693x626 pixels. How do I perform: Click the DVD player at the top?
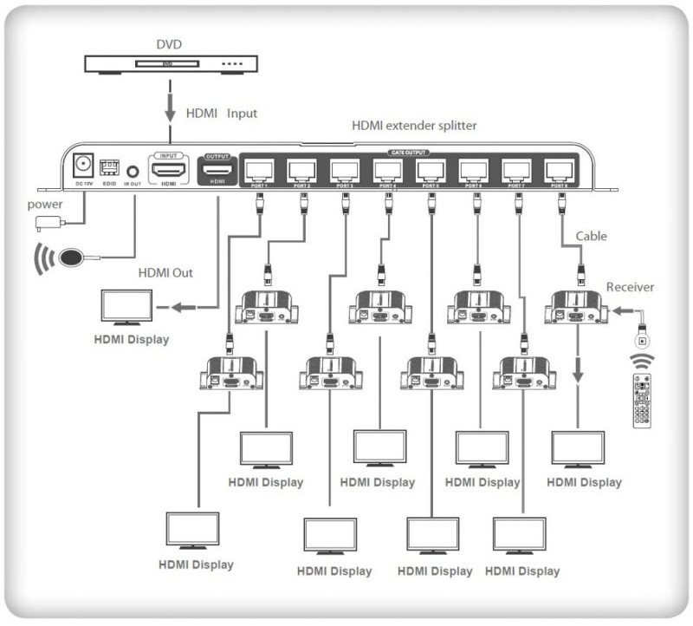[172, 63]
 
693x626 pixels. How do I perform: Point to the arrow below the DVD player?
[171, 109]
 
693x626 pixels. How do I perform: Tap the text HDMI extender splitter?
[413, 125]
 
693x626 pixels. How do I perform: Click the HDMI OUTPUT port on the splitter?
[217, 168]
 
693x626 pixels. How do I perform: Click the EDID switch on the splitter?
[109, 166]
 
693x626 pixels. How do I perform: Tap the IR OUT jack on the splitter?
[133, 171]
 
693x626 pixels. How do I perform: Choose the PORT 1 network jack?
[260, 170]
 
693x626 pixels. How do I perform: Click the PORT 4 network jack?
[387, 170]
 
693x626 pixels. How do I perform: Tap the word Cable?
[592, 236]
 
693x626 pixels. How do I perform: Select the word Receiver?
[630, 287]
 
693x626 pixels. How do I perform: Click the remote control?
[642, 400]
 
